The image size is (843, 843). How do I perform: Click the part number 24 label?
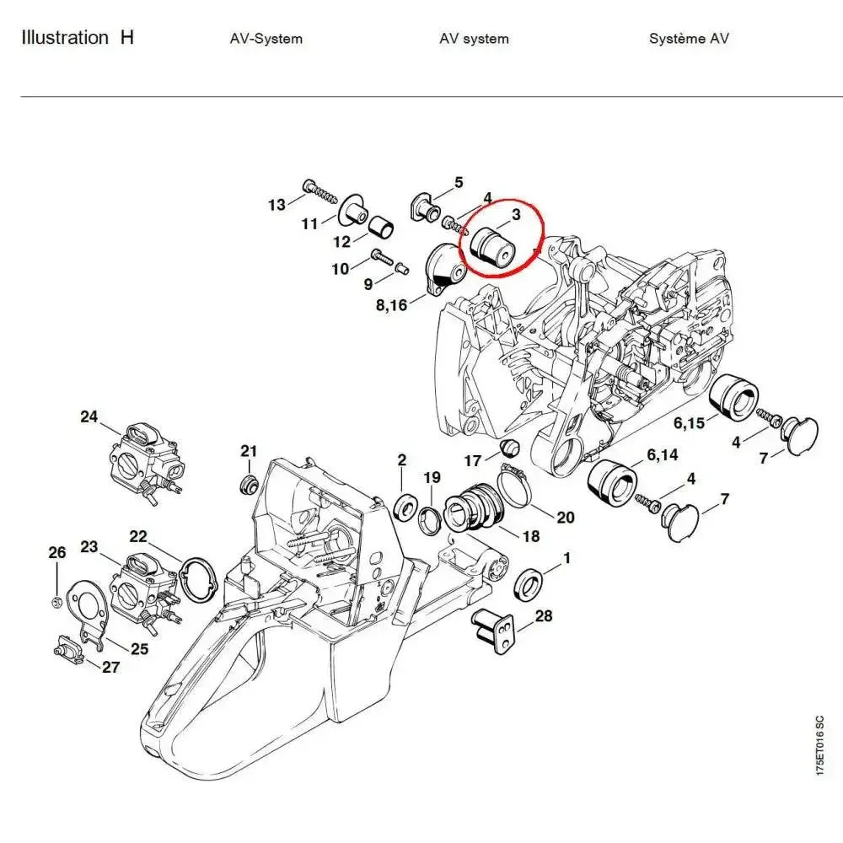[89, 416]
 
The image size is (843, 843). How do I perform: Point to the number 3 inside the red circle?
[516, 214]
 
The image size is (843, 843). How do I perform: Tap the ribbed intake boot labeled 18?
[468, 506]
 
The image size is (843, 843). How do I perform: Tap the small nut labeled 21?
[247, 485]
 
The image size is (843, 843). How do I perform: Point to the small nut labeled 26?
[54, 600]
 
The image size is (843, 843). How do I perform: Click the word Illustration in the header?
[64, 38]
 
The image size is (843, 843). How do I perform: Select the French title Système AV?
[689, 39]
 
